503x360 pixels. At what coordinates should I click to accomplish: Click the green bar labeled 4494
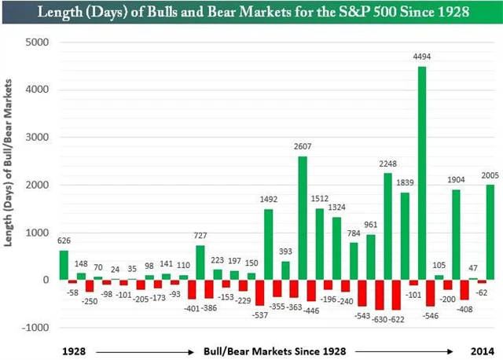422,173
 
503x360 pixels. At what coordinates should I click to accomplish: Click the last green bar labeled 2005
490,232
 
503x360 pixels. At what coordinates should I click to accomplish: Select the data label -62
483,293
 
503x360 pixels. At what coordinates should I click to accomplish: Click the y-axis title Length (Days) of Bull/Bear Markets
11,184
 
